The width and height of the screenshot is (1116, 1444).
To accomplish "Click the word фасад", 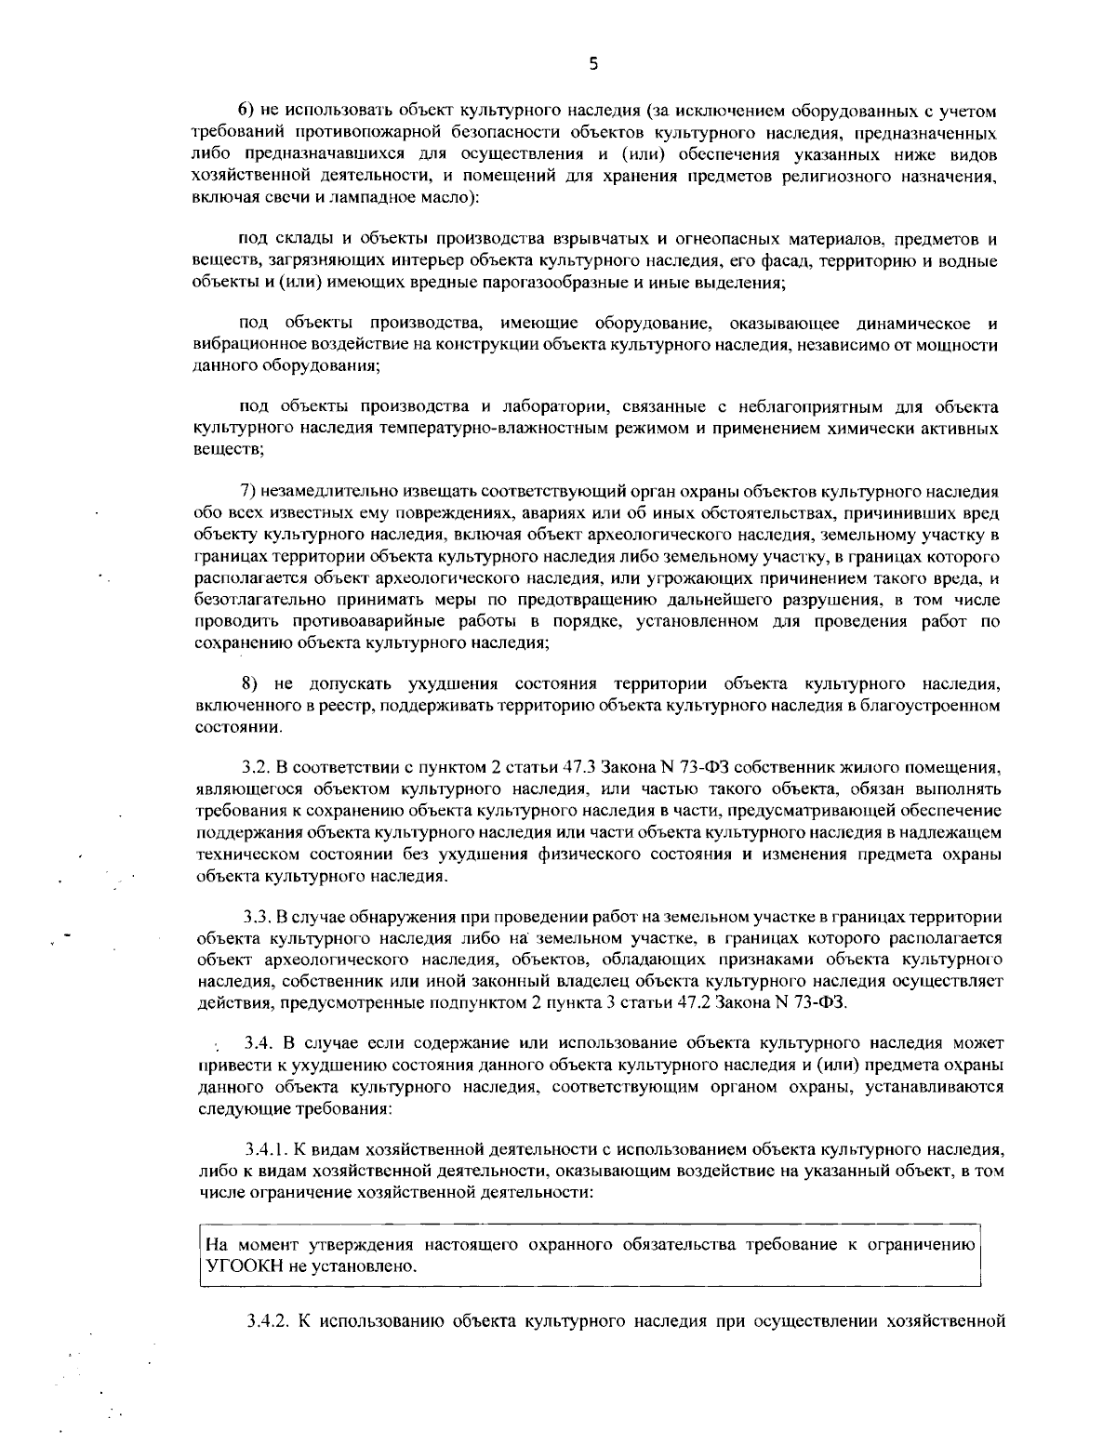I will pyautogui.click(x=805, y=261).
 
